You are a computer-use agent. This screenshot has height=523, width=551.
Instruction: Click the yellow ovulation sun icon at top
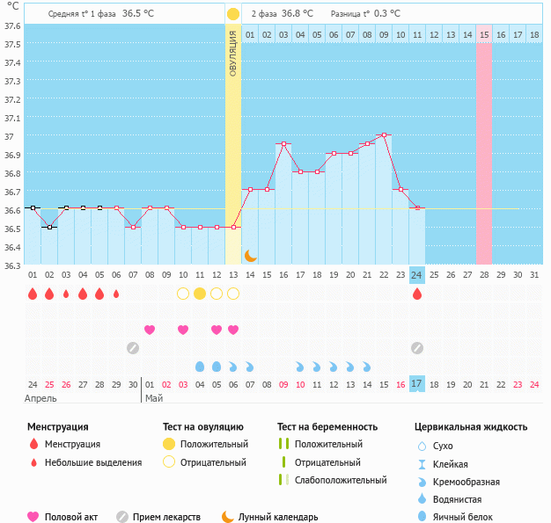pos(232,14)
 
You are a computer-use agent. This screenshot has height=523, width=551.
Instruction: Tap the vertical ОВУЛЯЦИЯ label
pos(232,53)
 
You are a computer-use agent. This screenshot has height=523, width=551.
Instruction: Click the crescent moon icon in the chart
pos(250,255)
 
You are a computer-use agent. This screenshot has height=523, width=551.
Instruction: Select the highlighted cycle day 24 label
pos(417,274)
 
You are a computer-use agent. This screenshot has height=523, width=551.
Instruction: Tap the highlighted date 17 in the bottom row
pos(417,384)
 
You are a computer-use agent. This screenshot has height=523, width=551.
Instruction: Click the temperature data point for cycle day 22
pos(384,134)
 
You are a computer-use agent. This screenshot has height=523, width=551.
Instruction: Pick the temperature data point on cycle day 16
pos(283,143)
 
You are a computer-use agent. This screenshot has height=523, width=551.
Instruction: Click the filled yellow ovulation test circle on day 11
pos(200,294)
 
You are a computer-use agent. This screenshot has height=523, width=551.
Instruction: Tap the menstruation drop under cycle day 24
pos(417,294)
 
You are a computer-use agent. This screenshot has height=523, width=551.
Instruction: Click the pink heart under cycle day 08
pos(150,330)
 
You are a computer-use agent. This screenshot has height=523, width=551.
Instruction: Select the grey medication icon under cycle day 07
pos(133,348)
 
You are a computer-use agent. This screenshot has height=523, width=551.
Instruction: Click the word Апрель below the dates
pos(41,398)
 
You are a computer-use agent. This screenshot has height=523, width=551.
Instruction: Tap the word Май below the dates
pos(154,398)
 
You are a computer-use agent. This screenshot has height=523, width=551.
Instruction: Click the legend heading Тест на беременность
pos(327,427)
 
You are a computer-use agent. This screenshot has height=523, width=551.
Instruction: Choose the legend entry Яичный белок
pos(469,517)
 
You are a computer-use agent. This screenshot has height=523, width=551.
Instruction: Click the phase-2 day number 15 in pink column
pos(484,34)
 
